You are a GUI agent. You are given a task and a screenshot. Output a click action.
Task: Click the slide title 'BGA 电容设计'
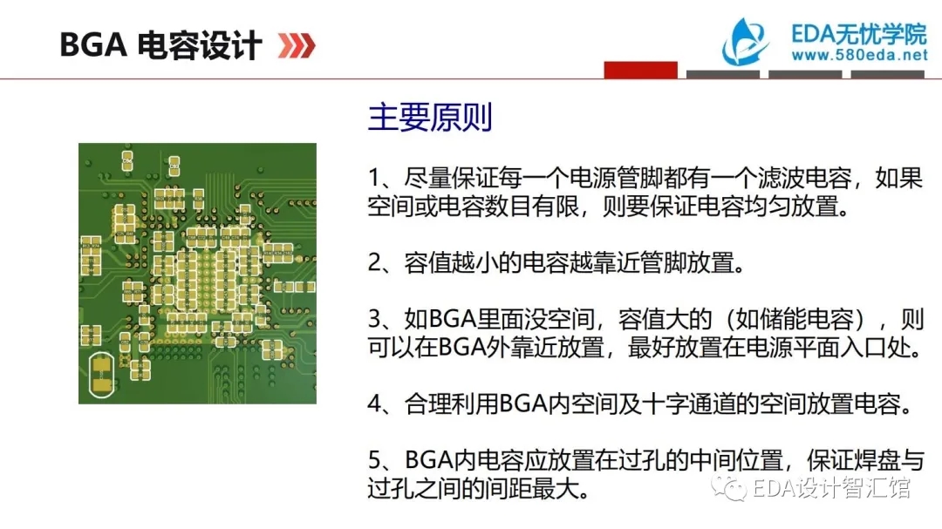click(x=160, y=45)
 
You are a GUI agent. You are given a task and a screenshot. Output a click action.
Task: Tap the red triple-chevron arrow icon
click(x=297, y=45)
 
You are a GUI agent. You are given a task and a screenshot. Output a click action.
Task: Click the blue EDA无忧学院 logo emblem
click(x=745, y=42)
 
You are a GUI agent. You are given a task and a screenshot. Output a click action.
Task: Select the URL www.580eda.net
click(x=860, y=55)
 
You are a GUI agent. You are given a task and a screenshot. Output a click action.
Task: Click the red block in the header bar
click(x=640, y=70)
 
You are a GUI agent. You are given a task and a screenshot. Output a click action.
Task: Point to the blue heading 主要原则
click(x=430, y=117)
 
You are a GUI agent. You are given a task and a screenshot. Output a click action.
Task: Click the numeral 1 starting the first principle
click(x=374, y=179)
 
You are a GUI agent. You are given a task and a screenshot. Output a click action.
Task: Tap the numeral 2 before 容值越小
click(x=374, y=263)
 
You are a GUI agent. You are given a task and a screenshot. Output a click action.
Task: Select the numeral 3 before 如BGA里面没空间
click(x=374, y=320)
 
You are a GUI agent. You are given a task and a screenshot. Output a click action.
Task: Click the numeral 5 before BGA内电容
click(x=374, y=460)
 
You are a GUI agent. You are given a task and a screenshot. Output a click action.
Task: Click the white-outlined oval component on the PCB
click(x=101, y=375)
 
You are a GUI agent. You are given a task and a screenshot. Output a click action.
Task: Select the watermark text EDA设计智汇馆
click(x=831, y=487)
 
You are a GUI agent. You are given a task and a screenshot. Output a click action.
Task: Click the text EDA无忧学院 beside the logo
click(x=859, y=34)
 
